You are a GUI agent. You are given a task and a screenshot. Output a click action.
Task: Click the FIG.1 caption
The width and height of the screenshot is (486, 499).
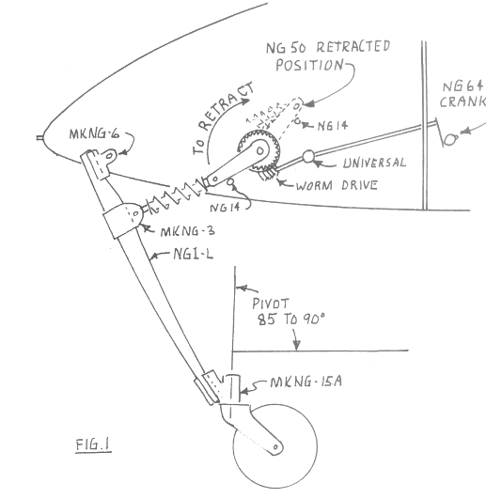pos(94,444)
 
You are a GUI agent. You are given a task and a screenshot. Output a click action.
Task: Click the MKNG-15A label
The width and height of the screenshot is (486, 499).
pos(306,382)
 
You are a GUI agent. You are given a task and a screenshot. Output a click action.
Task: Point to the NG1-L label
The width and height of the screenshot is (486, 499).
pos(194,254)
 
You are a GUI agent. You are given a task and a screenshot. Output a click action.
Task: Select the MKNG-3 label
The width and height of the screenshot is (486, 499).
pos(188,231)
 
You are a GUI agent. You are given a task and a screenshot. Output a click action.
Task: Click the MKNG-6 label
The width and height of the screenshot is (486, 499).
pos(95,134)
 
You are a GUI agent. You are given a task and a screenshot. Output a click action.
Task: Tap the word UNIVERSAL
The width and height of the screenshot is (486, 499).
pos(374,163)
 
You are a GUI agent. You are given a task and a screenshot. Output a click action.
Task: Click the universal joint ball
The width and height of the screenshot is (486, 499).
pos(308,156)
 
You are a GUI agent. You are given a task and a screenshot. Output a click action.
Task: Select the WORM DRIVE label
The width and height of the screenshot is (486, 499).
pos(337,185)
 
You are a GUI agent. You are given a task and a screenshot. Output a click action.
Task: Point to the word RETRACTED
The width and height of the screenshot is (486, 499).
pos(353,46)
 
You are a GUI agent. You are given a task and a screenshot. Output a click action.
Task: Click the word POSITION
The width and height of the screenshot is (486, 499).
pos(309,65)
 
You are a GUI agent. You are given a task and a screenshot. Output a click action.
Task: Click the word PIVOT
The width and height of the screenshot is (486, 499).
pos(271,304)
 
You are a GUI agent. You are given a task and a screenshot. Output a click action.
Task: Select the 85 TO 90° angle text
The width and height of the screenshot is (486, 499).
pos(291,319)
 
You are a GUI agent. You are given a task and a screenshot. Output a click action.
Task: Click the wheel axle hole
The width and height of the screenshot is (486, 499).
pos(275,447)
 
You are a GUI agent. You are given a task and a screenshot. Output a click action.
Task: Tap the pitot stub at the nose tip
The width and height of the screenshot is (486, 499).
pos(39,138)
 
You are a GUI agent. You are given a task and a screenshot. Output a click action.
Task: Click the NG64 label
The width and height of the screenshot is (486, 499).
pos(463,86)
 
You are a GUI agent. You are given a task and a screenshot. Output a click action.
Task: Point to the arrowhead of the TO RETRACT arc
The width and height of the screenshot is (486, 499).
pos(245,101)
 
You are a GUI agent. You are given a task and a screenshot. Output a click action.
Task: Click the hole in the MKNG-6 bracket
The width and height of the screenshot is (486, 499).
pos(109,156)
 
